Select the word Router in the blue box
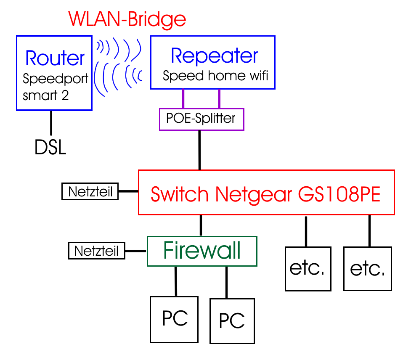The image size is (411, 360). pyautogui.click(x=55, y=58)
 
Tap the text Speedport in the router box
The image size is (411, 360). pyautogui.click(x=56, y=79)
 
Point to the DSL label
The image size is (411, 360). pyautogui.click(x=50, y=148)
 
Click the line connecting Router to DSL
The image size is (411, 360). pyautogui.click(x=51, y=122)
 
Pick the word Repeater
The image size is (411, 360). pyautogui.click(x=215, y=56)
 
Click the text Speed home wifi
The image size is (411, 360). pyautogui.click(x=215, y=76)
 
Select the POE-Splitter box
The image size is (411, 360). pyautogui.click(x=202, y=119)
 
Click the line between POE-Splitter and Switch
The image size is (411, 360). pyautogui.click(x=200, y=150)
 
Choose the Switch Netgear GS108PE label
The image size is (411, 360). pyautogui.click(x=266, y=194)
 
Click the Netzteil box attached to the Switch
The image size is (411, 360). pyautogui.click(x=90, y=192)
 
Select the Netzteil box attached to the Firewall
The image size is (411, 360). pyautogui.click(x=97, y=251)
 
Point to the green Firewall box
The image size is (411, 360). pyautogui.click(x=202, y=251)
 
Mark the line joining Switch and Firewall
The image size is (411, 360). pyautogui.click(x=201, y=225)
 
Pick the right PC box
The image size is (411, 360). pyautogui.click(x=232, y=321)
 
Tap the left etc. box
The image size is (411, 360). pyautogui.click(x=307, y=269)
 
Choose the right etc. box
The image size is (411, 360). pyautogui.click(x=367, y=269)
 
